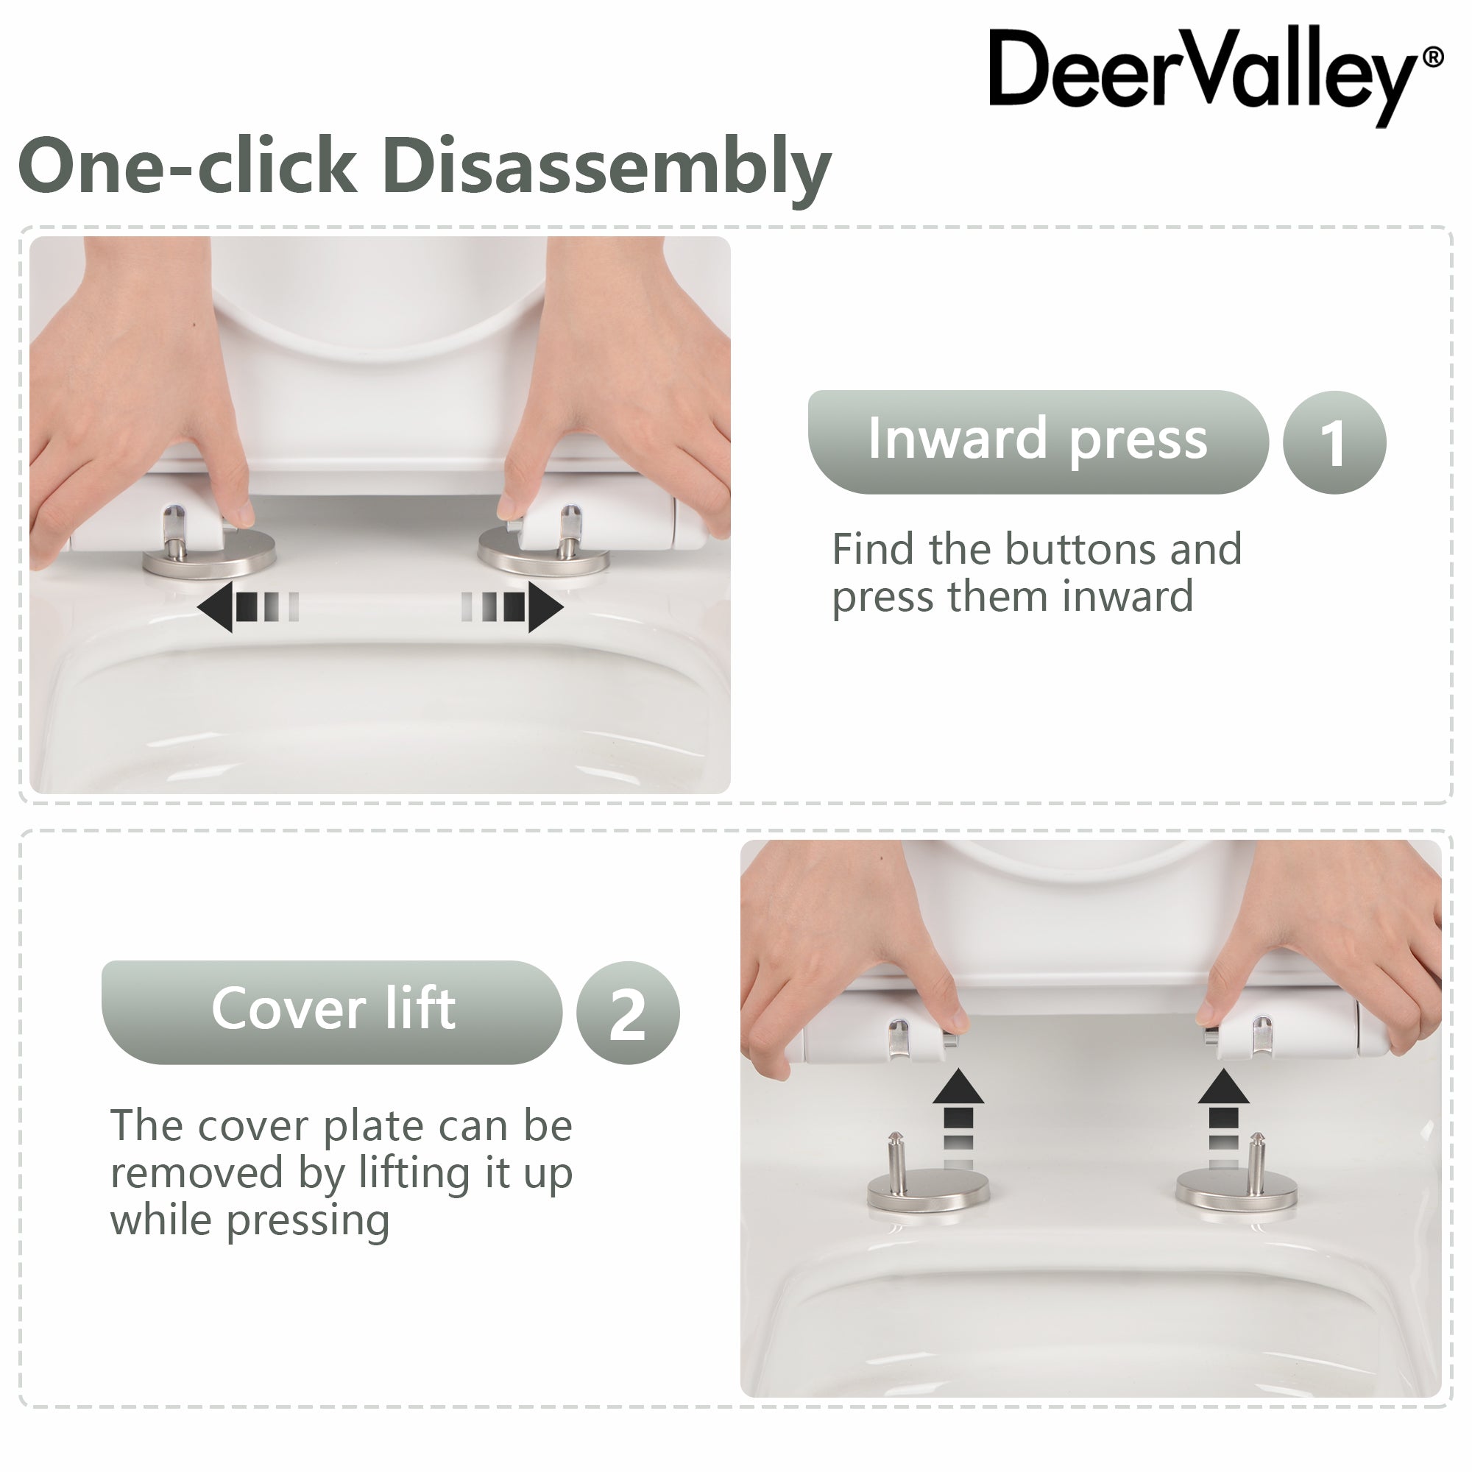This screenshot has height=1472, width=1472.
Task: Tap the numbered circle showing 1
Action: [x=1334, y=442]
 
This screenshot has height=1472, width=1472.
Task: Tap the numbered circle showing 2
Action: [x=627, y=1013]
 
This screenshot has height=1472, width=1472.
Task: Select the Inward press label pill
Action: [x=1037, y=442]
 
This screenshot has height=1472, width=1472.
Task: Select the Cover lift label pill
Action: [x=332, y=1012]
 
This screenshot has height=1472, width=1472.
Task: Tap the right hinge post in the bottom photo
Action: [x=1257, y=1156]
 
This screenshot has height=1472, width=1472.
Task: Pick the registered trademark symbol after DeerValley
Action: [x=1432, y=58]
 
